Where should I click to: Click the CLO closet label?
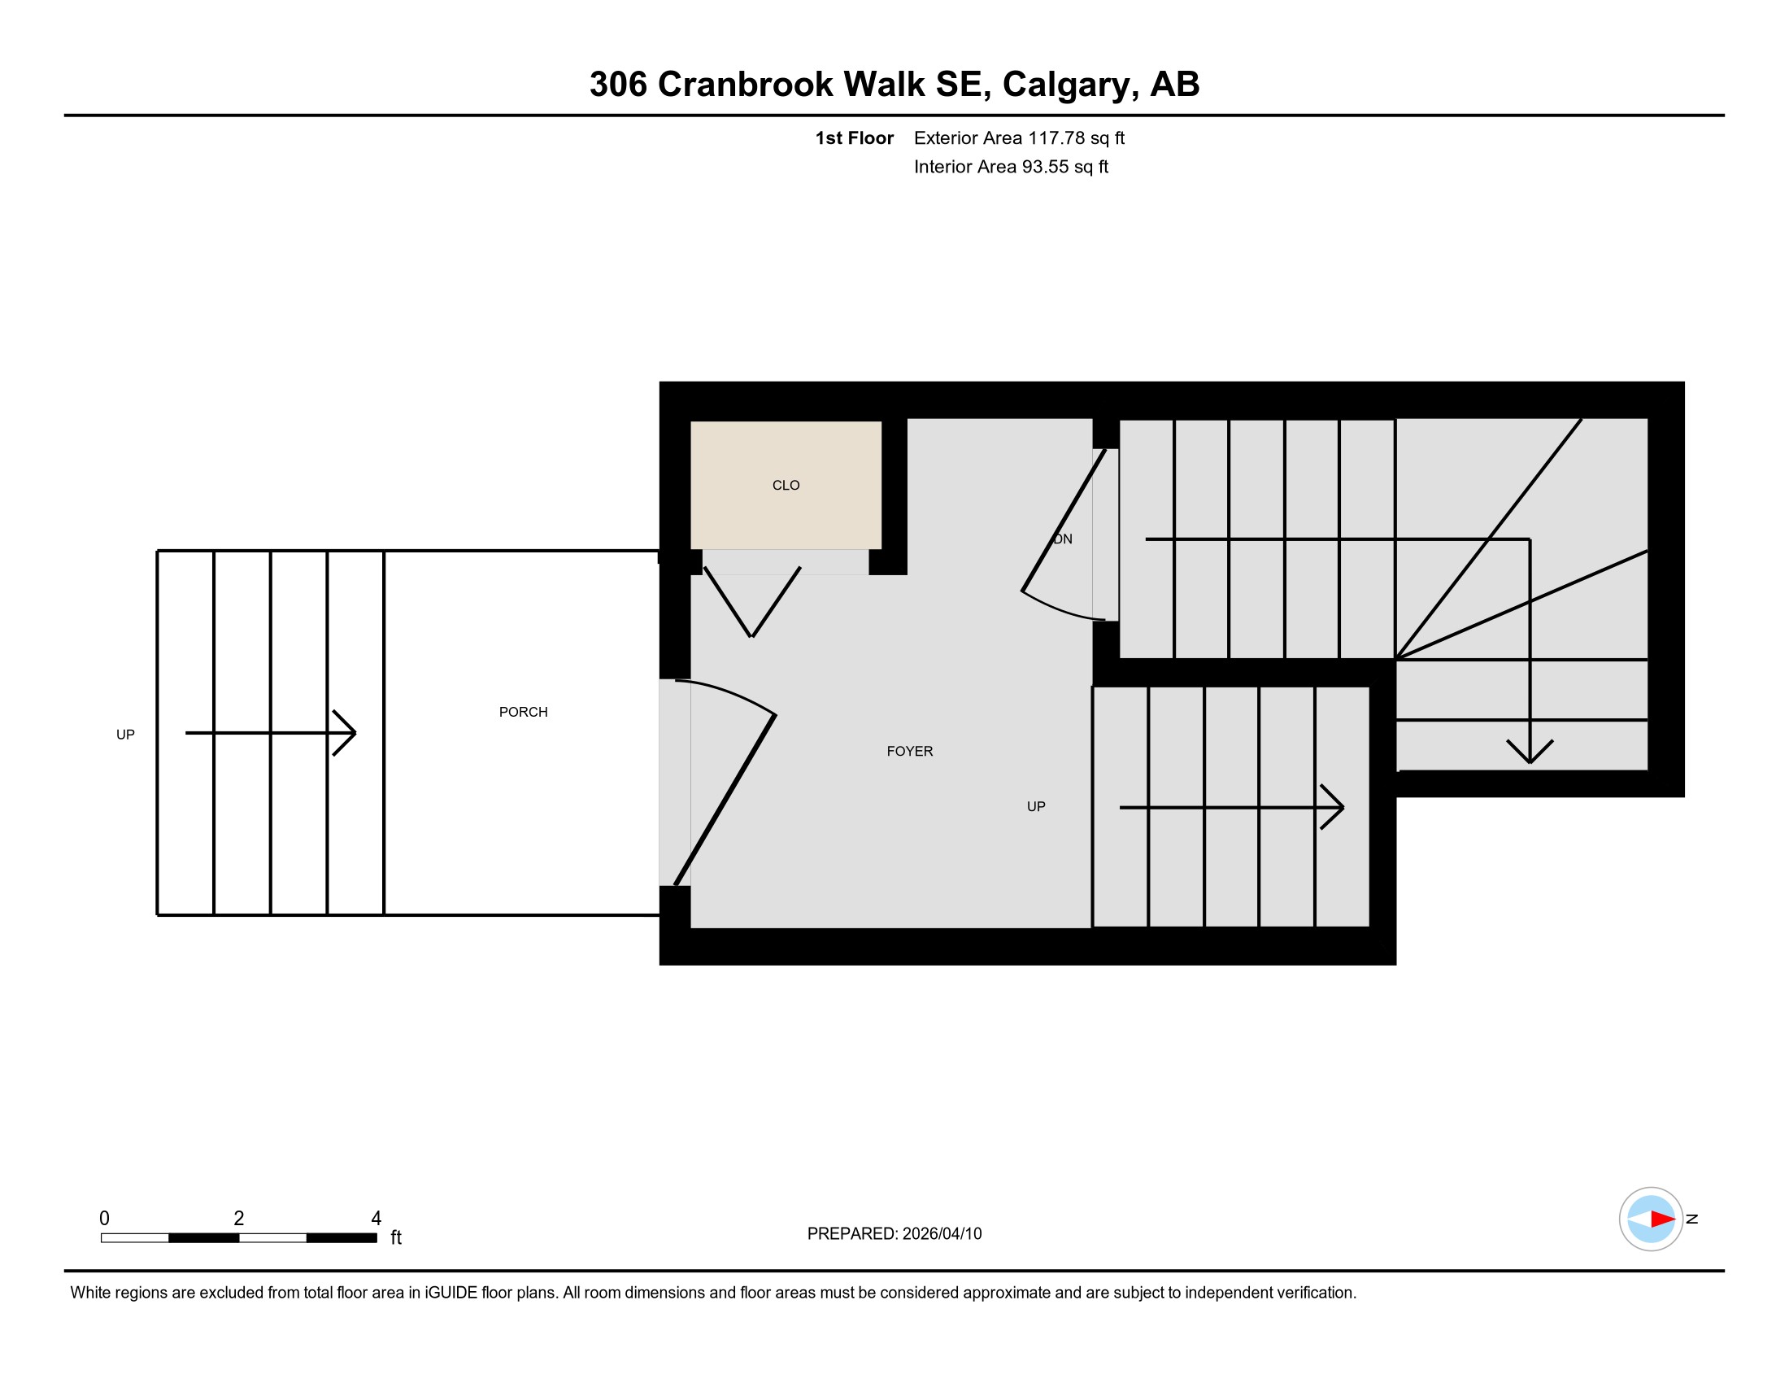tap(786, 485)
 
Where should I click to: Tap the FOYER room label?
tap(909, 752)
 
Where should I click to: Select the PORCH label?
tap(524, 712)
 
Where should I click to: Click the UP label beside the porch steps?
tap(125, 735)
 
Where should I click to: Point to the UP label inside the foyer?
tap(1036, 807)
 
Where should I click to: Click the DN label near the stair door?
tap(1063, 539)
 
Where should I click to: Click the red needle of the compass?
tap(1663, 1219)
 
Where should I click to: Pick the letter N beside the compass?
tap(1692, 1219)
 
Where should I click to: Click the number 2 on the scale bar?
tap(238, 1219)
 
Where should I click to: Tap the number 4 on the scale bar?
tap(376, 1219)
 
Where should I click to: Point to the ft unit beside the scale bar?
tap(396, 1237)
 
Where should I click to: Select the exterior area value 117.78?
tap(1056, 137)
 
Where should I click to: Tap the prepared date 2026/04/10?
tap(942, 1234)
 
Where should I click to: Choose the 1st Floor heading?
tap(855, 137)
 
